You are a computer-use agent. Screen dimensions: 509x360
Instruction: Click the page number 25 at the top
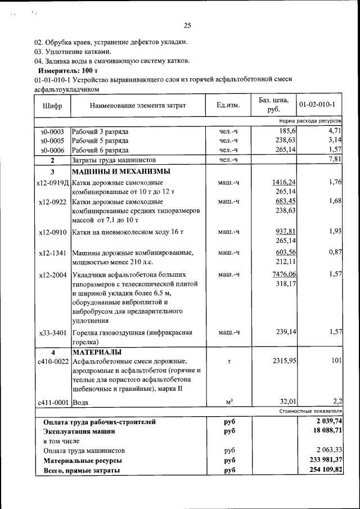coord(187,25)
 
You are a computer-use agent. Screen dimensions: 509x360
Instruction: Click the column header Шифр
coord(52,105)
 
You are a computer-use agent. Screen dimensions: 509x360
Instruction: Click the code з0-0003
coord(52,131)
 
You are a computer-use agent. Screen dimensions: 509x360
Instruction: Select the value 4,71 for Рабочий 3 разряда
coord(335,131)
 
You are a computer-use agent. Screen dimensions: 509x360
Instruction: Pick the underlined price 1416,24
coord(284,182)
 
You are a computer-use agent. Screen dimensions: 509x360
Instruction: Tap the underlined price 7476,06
coord(284,274)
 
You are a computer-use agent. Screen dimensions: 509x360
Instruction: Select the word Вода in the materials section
coord(80,403)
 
